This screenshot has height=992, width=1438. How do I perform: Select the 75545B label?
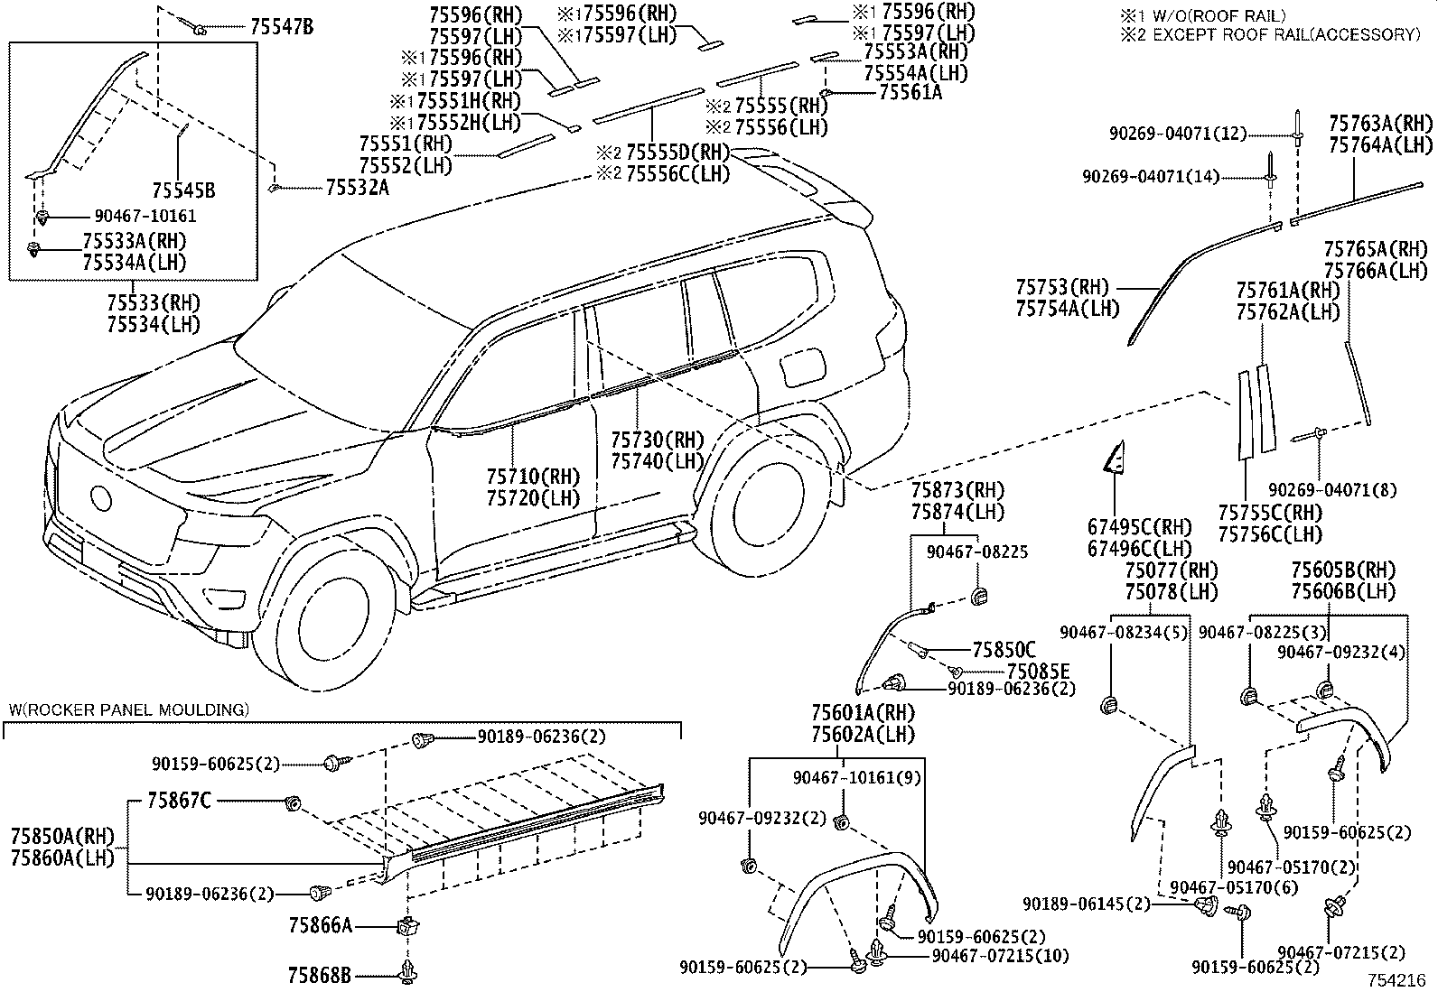tap(183, 190)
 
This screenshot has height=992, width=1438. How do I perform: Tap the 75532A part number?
tap(357, 187)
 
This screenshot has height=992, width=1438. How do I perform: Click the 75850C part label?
tap(1004, 649)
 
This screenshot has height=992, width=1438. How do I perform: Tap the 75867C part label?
tap(180, 801)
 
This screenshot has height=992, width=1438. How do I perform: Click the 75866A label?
tap(321, 925)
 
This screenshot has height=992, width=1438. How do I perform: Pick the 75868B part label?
tap(321, 975)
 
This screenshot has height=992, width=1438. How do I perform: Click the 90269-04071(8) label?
tap(1331, 490)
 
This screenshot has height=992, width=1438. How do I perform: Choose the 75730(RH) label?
tap(657, 440)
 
